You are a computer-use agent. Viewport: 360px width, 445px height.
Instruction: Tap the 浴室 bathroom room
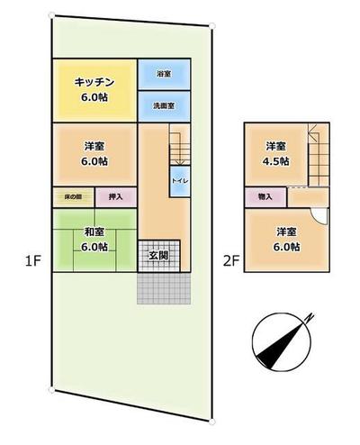[163, 74]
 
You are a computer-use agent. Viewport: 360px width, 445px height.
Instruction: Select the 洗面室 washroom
[163, 105]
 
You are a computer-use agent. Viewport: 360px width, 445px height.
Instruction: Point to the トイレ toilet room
[178, 181]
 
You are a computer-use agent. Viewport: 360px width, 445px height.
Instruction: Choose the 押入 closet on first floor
[115, 196]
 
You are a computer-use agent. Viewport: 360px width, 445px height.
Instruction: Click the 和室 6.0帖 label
[94, 238]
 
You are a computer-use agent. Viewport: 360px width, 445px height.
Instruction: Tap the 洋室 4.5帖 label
[275, 153]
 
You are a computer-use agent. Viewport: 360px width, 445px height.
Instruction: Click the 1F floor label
[33, 262]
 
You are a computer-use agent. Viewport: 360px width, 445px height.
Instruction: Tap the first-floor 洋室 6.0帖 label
[94, 153]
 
